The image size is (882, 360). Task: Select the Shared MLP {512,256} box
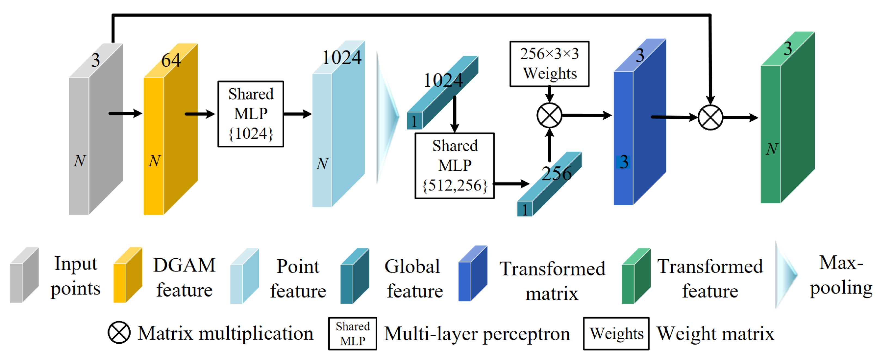click(454, 166)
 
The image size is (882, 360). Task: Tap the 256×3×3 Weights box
click(549, 64)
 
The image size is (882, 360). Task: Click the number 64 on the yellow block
click(170, 61)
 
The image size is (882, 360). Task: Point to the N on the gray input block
click(79, 161)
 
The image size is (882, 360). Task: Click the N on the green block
click(772, 149)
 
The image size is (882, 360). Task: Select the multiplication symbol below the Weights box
click(549, 115)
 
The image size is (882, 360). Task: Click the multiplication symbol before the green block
click(710, 117)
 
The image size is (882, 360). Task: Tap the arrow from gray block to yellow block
click(125, 113)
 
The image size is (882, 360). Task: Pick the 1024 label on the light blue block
click(341, 57)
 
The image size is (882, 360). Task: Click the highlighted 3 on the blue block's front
click(623, 162)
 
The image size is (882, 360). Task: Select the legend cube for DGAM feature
click(127, 275)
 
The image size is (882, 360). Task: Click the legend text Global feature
click(413, 279)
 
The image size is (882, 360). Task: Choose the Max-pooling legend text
click(841, 275)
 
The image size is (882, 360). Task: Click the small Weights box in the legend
click(616, 333)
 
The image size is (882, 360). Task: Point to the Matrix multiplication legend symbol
click(119, 332)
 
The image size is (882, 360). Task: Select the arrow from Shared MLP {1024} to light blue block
click(297, 114)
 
